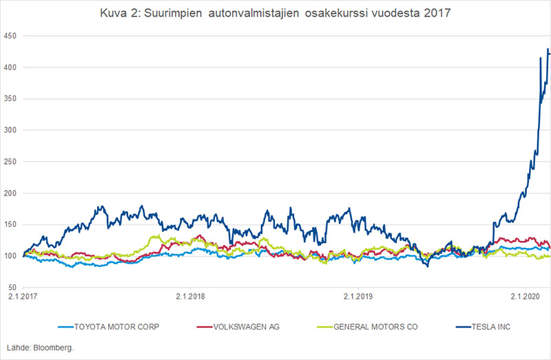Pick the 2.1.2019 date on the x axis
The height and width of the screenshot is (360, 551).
coord(357,297)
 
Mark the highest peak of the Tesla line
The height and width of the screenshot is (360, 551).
coord(548,49)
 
